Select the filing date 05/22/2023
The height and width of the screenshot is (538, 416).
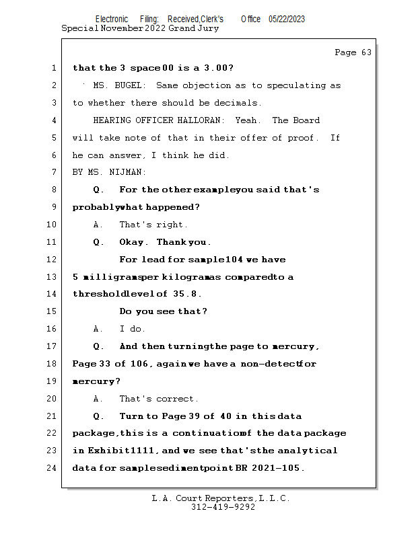(287, 20)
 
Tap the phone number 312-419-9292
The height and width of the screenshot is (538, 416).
(223, 507)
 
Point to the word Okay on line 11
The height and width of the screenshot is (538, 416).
(131, 242)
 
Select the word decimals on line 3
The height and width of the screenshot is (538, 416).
(238, 103)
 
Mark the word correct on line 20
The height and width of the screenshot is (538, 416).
(176, 399)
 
